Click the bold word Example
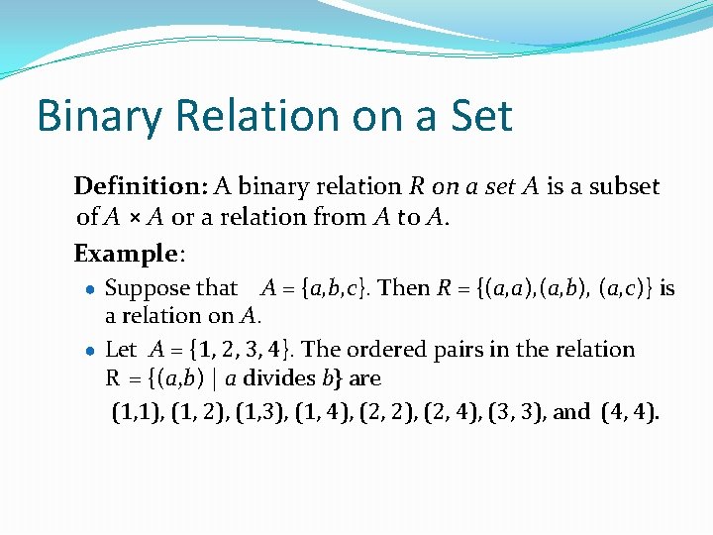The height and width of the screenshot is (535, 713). point(126,254)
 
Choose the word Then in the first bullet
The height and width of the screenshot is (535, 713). point(404,288)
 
